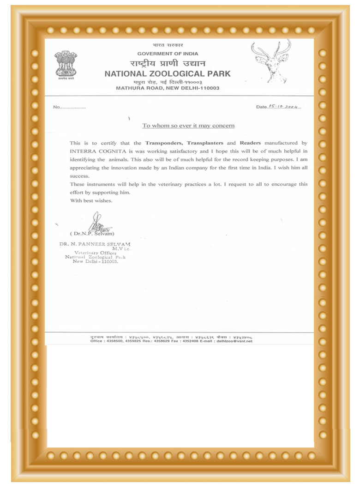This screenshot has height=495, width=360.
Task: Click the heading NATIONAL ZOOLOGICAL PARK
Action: tap(168, 73)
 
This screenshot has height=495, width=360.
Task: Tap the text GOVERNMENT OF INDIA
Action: tap(168, 54)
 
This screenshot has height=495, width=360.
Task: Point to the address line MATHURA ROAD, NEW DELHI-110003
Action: tap(168, 87)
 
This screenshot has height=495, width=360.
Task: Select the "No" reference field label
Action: tap(57, 107)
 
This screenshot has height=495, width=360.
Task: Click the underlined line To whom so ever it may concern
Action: tap(188, 126)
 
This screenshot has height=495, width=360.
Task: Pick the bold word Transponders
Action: tap(165, 143)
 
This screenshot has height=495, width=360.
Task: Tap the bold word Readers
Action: tap(251, 143)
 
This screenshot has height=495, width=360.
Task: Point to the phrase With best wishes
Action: tap(91, 201)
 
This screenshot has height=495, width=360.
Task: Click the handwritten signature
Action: tap(97, 223)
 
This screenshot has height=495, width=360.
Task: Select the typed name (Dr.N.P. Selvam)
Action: tap(92, 234)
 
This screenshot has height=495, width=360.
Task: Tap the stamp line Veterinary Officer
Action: tap(96, 253)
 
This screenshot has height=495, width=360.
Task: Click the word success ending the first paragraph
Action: tap(79, 176)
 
